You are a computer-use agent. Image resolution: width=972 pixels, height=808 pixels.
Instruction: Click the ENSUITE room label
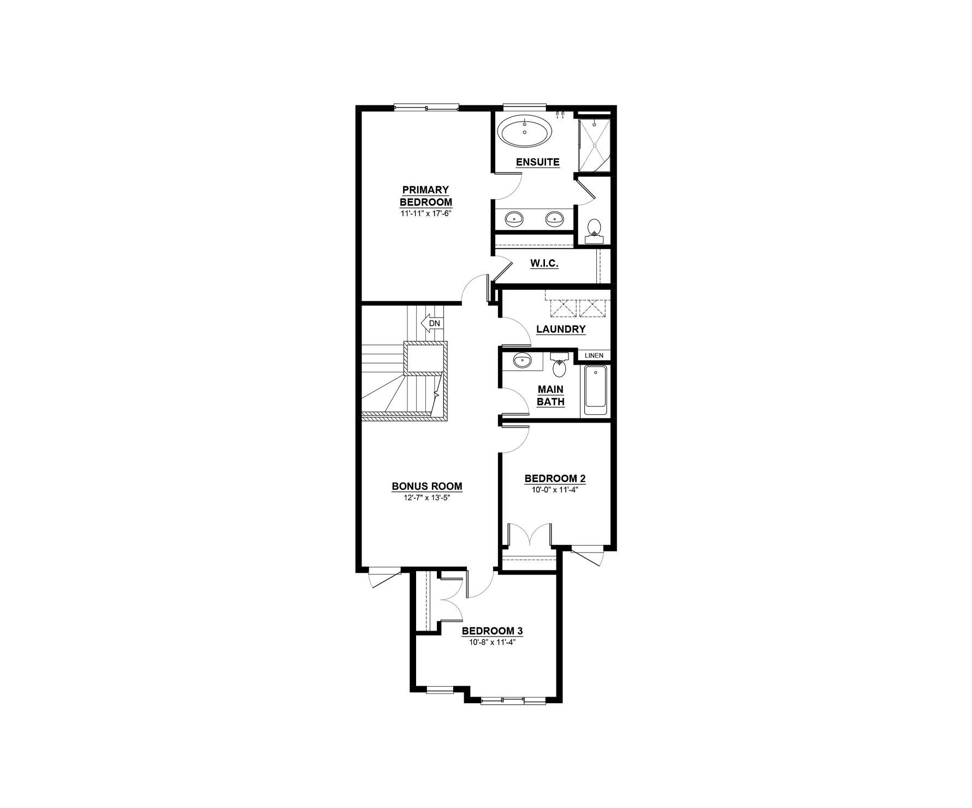coord(538,162)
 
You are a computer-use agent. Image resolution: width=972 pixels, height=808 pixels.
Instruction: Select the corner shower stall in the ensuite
coord(594,144)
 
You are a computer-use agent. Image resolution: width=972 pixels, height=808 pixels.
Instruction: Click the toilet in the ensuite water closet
coord(594,231)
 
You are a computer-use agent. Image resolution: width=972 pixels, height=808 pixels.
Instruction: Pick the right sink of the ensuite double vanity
coord(554,219)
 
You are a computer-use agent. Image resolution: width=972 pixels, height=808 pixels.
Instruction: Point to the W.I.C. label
coord(544,264)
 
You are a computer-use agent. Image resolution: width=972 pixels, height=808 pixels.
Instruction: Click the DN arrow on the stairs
coord(431,323)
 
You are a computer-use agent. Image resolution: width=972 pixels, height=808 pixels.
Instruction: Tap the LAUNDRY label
coord(561,329)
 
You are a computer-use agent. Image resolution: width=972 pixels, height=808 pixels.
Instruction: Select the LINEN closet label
coord(594,355)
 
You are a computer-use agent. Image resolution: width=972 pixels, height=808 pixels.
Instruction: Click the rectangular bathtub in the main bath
coord(595,390)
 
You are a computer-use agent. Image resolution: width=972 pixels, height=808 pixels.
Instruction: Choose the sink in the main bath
coord(523,361)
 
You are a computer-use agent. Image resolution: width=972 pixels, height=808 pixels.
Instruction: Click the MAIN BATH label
coord(550,396)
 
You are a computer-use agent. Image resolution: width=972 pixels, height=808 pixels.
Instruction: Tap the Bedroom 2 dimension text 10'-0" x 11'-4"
coord(555,490)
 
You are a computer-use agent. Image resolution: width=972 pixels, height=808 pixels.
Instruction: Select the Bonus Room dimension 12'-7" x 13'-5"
coord(426,497)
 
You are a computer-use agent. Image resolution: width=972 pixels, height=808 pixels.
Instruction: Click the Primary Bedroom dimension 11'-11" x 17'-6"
coord(426,213)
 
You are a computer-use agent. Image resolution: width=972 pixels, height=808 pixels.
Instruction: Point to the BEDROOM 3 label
coord(493,631)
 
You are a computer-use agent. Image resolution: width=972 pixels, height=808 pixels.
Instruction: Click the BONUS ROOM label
coord(427,486)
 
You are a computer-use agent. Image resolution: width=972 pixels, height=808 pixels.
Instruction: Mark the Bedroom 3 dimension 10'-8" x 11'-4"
coord(493,642)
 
